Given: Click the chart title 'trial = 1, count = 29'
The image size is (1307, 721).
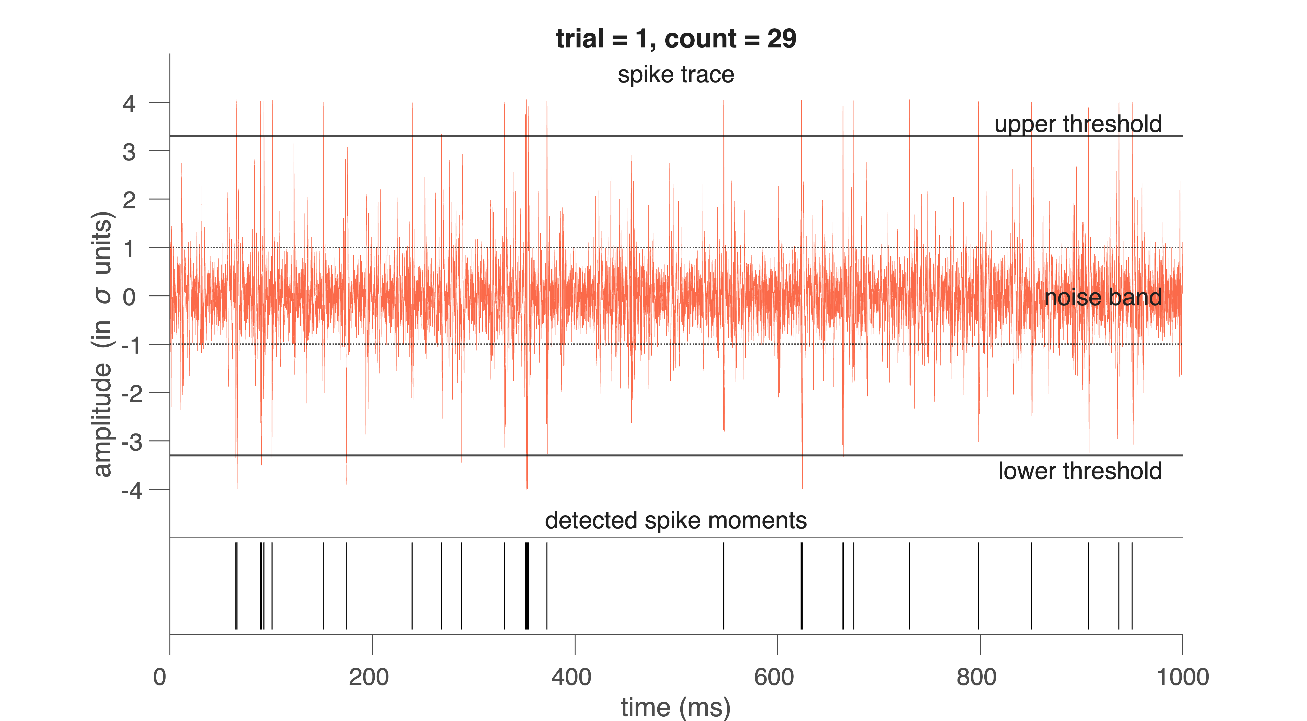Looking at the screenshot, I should tap(676, 39).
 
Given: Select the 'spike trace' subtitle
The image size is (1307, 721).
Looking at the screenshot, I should tap(676, 75).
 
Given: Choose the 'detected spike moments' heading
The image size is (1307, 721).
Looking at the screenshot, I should tap(676, 521).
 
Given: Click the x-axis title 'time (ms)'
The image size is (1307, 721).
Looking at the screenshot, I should tap(676, 707).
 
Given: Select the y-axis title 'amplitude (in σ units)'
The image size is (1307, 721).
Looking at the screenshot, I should tap(103, 344).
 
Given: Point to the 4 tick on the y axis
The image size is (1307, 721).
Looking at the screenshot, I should tap(129, 104).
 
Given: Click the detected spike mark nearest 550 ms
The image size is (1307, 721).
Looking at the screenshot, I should tap(723, 586).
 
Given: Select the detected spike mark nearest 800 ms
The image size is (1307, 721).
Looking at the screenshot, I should tap(978, 586).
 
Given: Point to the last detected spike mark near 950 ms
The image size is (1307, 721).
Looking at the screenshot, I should tap(1132, 586).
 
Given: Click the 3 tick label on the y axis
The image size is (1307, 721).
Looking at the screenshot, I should tap(129, 152).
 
